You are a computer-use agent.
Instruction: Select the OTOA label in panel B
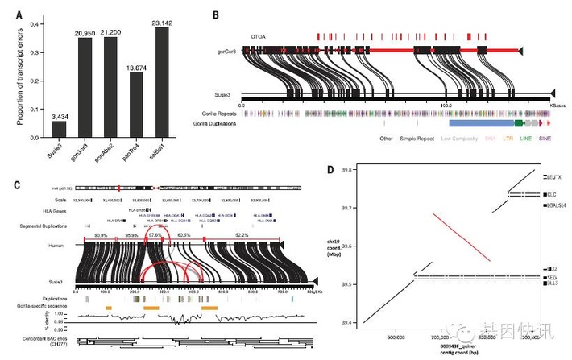click(259, 35)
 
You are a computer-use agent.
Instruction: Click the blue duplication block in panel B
click(480, 125)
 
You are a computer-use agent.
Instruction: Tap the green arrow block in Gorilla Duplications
click(519, 125)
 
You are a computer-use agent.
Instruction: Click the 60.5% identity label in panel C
click(184, 234)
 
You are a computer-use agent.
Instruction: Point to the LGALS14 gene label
click(558, 207)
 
